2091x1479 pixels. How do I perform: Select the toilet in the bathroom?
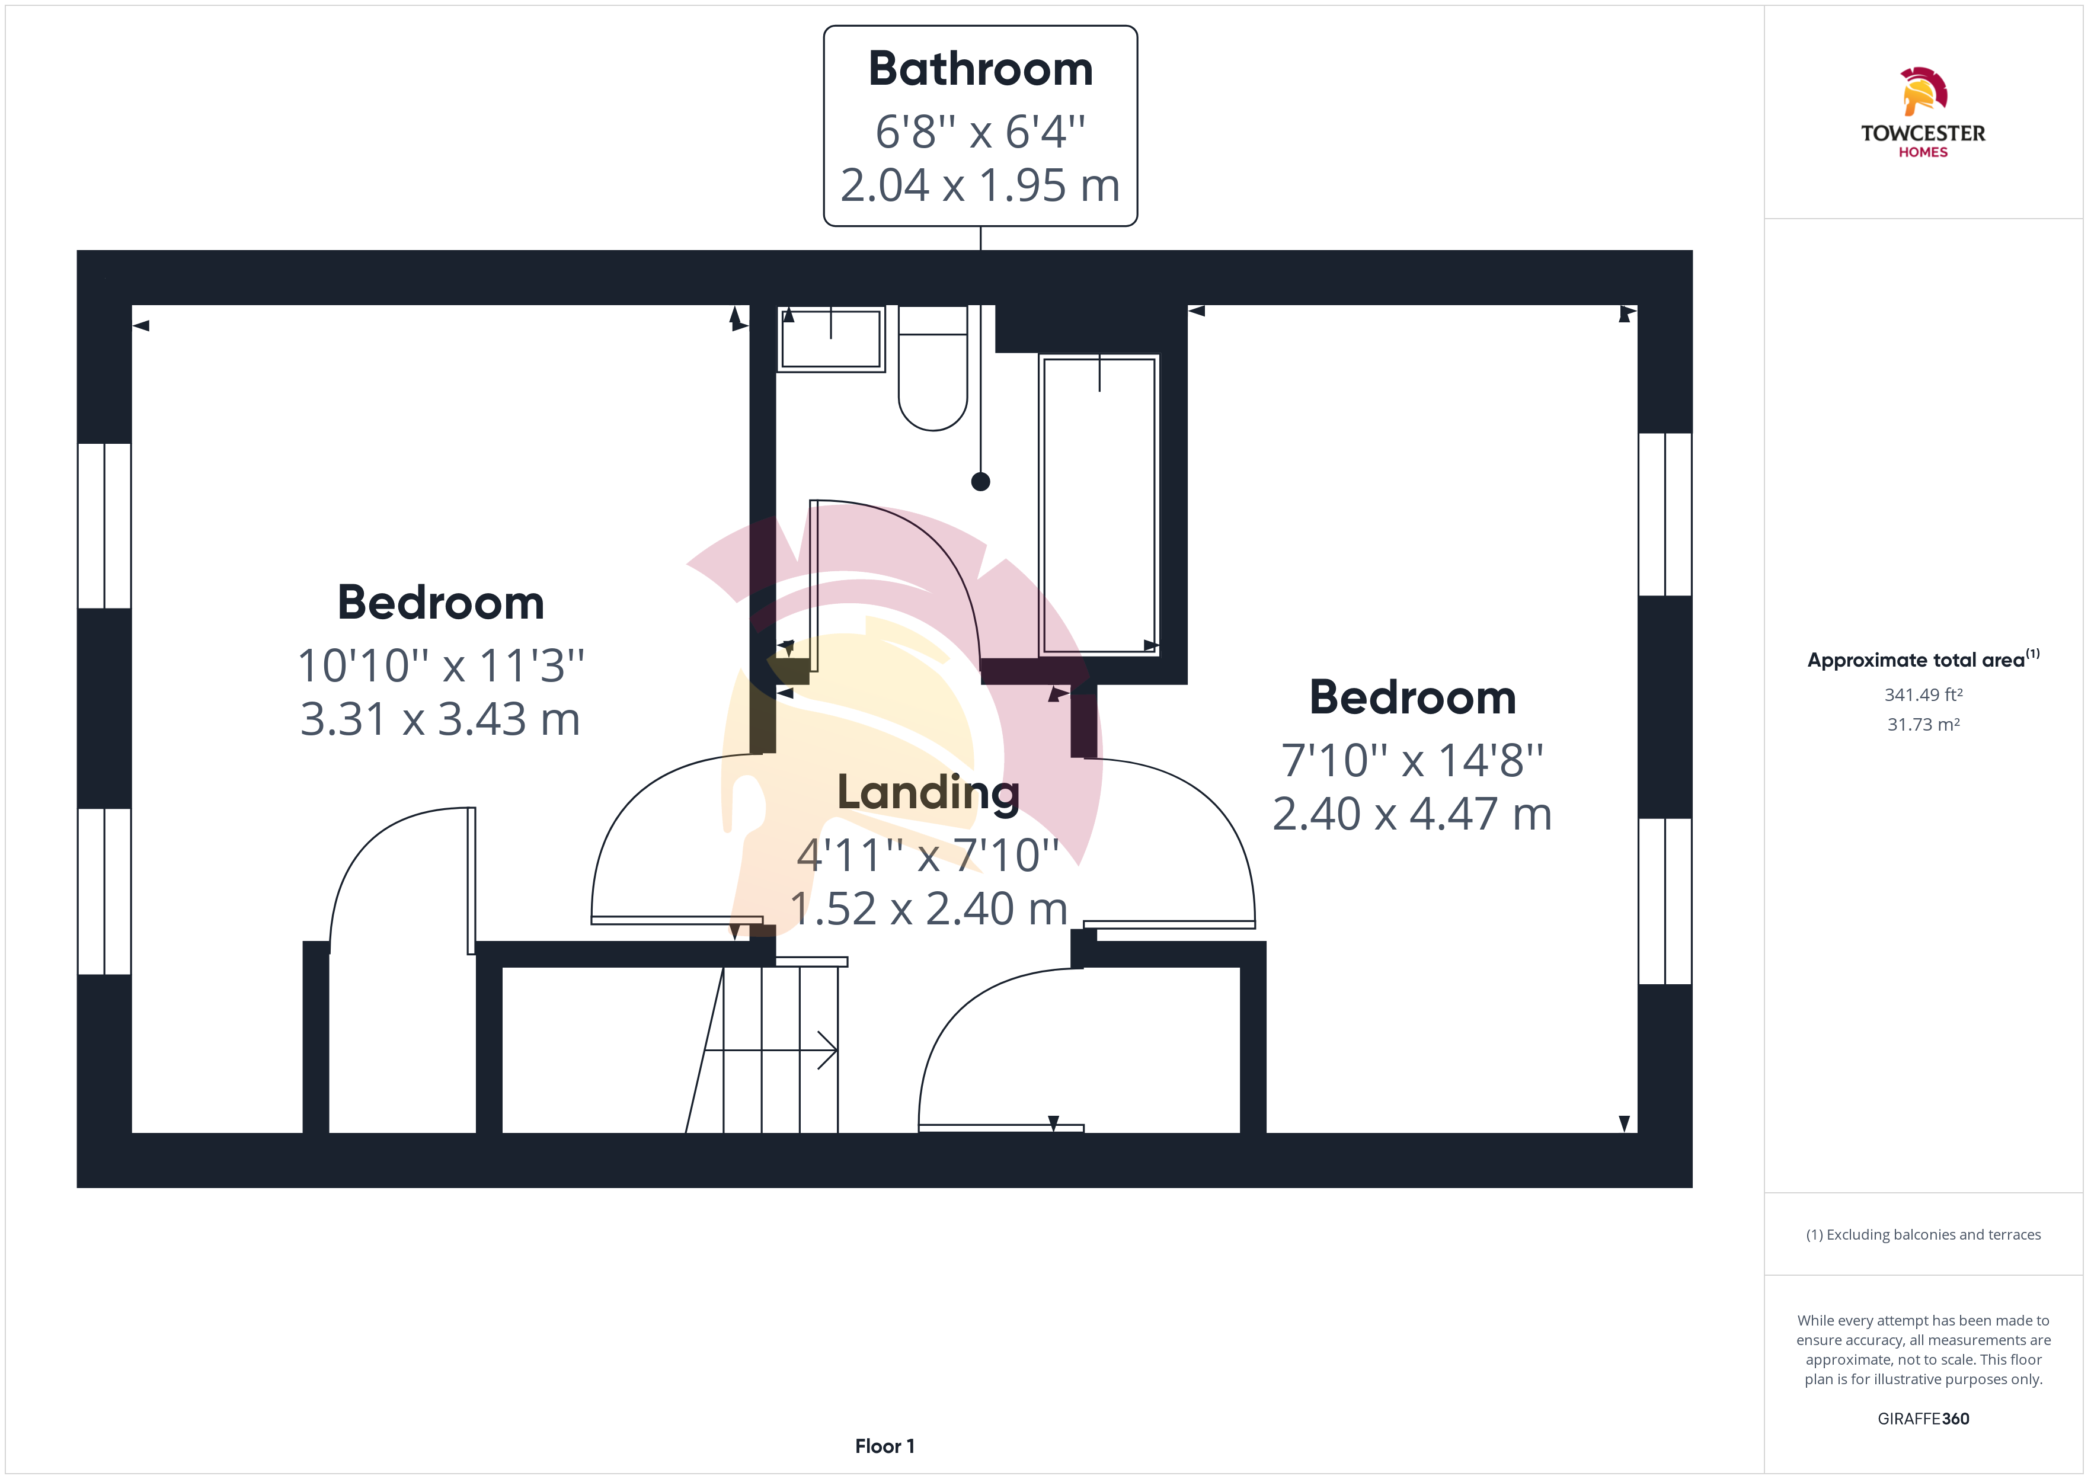[932, 368]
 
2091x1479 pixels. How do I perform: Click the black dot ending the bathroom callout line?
[981, 482]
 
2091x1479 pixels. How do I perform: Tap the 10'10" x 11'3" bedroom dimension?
[441, 666]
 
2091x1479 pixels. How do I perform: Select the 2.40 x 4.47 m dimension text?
[1412, 813]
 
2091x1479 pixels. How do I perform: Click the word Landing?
[928, 792]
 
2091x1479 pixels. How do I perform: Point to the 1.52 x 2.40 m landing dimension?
[928, 908]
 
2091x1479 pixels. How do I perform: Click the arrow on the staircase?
[770, 1050]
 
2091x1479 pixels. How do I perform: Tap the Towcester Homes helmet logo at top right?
[1923, 91]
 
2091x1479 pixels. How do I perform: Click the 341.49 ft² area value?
[1923, 695]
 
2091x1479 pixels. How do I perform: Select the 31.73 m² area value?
[1923, 725]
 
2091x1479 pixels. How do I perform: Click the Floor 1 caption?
[884, 1446]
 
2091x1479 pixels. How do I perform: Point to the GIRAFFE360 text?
[1923, 1419]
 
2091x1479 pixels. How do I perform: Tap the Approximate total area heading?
[1923, 660]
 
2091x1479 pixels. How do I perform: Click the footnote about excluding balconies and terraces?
[1923, 1235]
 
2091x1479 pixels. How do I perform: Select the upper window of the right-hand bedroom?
[1665, 514]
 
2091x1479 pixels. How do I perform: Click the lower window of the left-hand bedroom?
[105, 892]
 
